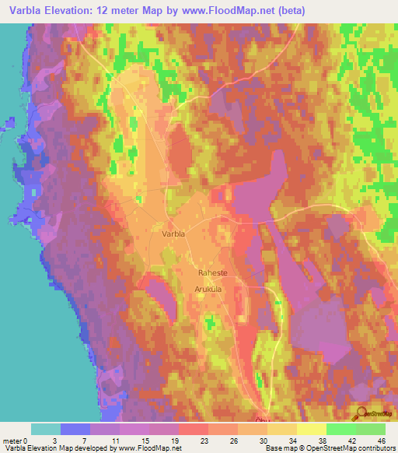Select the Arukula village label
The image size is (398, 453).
[208, 288]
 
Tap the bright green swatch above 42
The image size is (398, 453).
[340, 429]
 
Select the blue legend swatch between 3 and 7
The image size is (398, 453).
[75, 429]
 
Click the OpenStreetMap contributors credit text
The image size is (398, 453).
[351, 448]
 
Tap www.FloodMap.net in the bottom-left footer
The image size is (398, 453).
[148, 448]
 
